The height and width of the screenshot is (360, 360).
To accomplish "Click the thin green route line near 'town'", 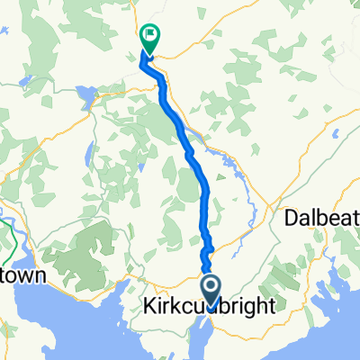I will pos(11,236).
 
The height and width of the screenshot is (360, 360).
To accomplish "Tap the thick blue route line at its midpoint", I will pos(190,153).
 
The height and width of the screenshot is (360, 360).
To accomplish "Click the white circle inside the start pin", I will pos(211,288).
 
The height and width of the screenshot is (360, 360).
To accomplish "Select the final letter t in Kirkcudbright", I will pos(271,307).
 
